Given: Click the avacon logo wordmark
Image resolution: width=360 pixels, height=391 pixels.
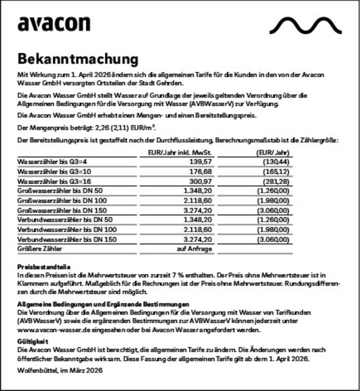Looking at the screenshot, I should point(54,24).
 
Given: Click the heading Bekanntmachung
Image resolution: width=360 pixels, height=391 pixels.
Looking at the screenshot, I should point(78,59).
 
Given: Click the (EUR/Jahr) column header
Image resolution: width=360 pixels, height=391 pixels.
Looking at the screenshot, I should point(274,152).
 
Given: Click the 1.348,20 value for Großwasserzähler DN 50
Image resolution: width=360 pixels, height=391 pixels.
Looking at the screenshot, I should point(197,191).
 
